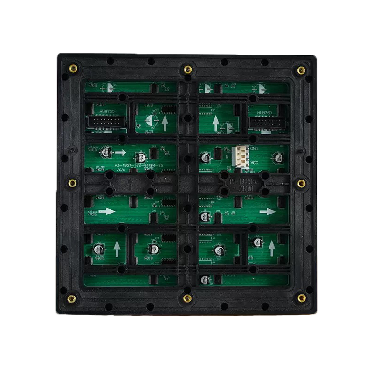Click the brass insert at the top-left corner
(73, 69)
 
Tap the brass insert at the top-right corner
(301, 70)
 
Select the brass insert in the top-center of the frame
(187, 69)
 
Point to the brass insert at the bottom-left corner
(71, 298)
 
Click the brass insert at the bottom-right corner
(302, 297)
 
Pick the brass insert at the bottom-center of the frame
(187, 298)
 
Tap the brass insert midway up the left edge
(72, 183)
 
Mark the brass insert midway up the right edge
(301, 183)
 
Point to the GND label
(254, 149)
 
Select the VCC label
(255, 163)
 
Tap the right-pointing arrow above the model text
(121, 152)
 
